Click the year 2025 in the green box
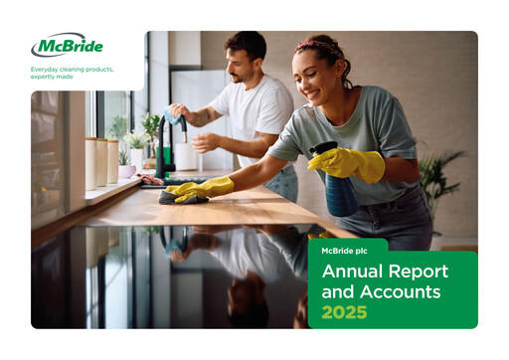click(344, 312)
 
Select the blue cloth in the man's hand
click(176, 117)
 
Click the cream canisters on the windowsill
click(100, 160)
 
